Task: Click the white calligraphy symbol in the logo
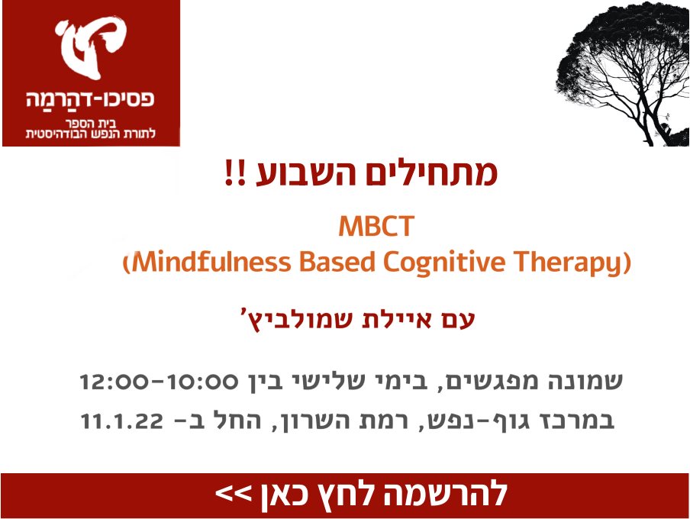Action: (91, 48)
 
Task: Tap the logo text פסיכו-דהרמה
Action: (91, 98)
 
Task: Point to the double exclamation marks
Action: (234, 173)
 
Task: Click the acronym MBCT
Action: (376, 226)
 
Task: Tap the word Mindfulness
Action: (211, 262)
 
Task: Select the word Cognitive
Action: (444, 263)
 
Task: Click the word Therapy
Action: (569, 263)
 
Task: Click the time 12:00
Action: (113, 381)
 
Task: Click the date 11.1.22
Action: (122, 421)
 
